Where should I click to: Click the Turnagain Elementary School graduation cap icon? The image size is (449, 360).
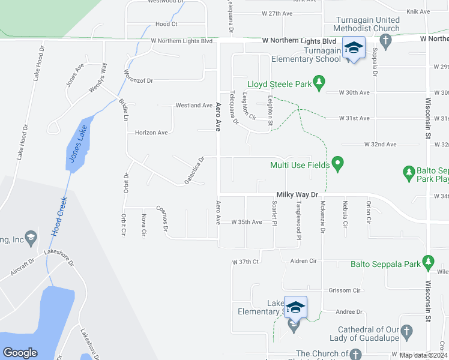tap(354, 47)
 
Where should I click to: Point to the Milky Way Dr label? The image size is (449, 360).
tap(297, 194)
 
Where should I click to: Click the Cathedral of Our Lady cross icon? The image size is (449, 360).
tap(406, 331)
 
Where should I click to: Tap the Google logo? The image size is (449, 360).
tap(20, 353)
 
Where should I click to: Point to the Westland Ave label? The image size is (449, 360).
tap(194, 105)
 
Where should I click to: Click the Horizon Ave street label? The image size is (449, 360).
tap(151, 133)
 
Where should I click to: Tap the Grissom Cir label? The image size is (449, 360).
tap(344, 290)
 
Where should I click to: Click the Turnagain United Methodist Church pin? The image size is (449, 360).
tap(386, 40)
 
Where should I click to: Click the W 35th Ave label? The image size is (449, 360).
tap(247, 222)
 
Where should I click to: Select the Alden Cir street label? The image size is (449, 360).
tap(303, 262)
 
